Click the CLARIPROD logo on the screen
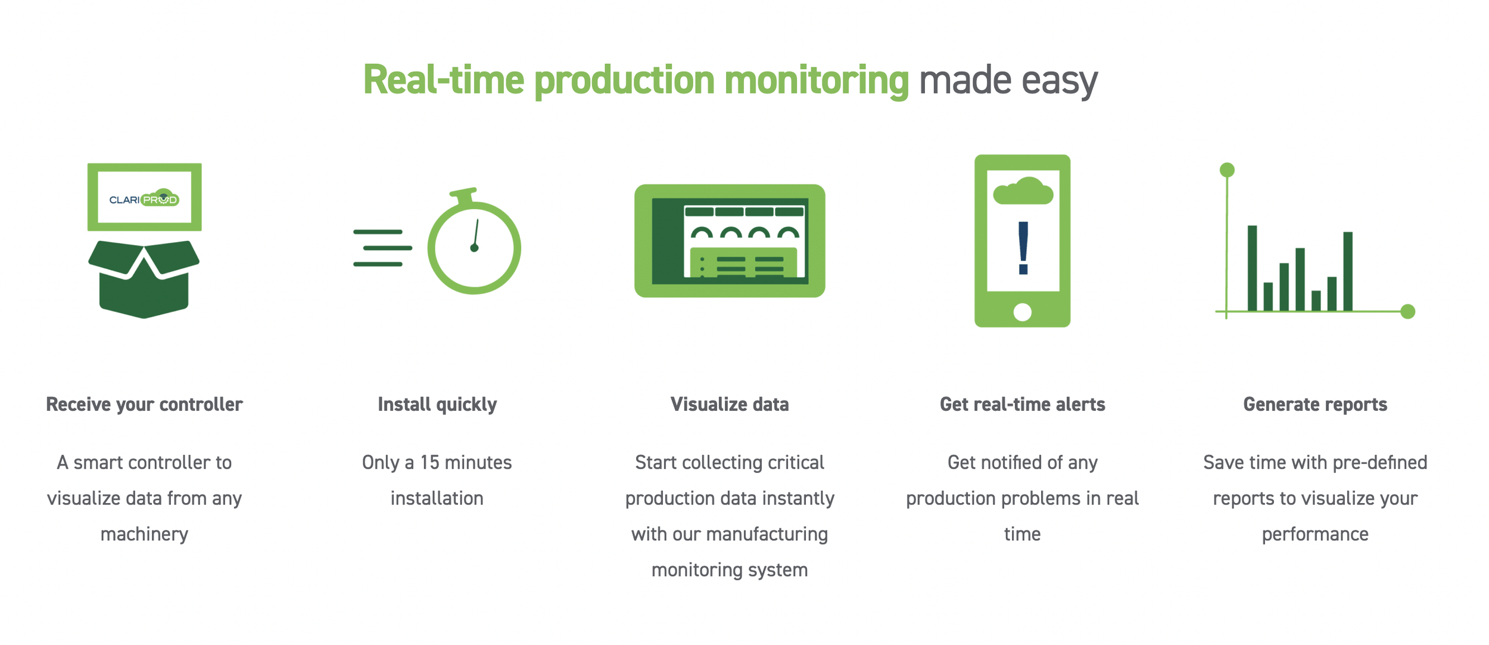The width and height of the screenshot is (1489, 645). click(x=144, y=199)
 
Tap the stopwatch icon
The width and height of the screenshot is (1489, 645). click(x=474, y=246)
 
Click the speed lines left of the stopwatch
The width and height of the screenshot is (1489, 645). click(x=381, y=248)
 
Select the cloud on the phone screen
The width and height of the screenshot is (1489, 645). click(x=1023, y=192)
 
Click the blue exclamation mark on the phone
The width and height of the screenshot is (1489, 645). click(x=1023, y=248)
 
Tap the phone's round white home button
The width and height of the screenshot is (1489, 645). click(x=1022, y=312)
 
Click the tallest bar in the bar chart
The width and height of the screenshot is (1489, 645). click(x=1252, y=268)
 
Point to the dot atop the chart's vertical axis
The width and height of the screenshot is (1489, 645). click(x=1227, y=170)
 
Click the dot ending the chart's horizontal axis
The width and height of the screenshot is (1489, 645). click(x=1407, y=311)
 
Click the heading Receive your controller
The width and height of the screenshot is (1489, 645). click(x=144, y=404)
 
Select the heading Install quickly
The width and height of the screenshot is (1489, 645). click(x=437, y=404)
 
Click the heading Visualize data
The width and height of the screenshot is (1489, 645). click(x=730, y=404)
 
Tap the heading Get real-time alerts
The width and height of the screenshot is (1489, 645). click(x=1022, y=404)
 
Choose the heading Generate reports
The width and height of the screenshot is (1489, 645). click(x=1315, y=404)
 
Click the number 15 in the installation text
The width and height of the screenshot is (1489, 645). click(x=429, y=463)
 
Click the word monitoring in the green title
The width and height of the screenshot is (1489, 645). click(x=817, y=80)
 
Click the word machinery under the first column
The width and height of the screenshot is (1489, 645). click(x=144, y=534)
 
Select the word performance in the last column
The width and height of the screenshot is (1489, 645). click(x=1315, y=534)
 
